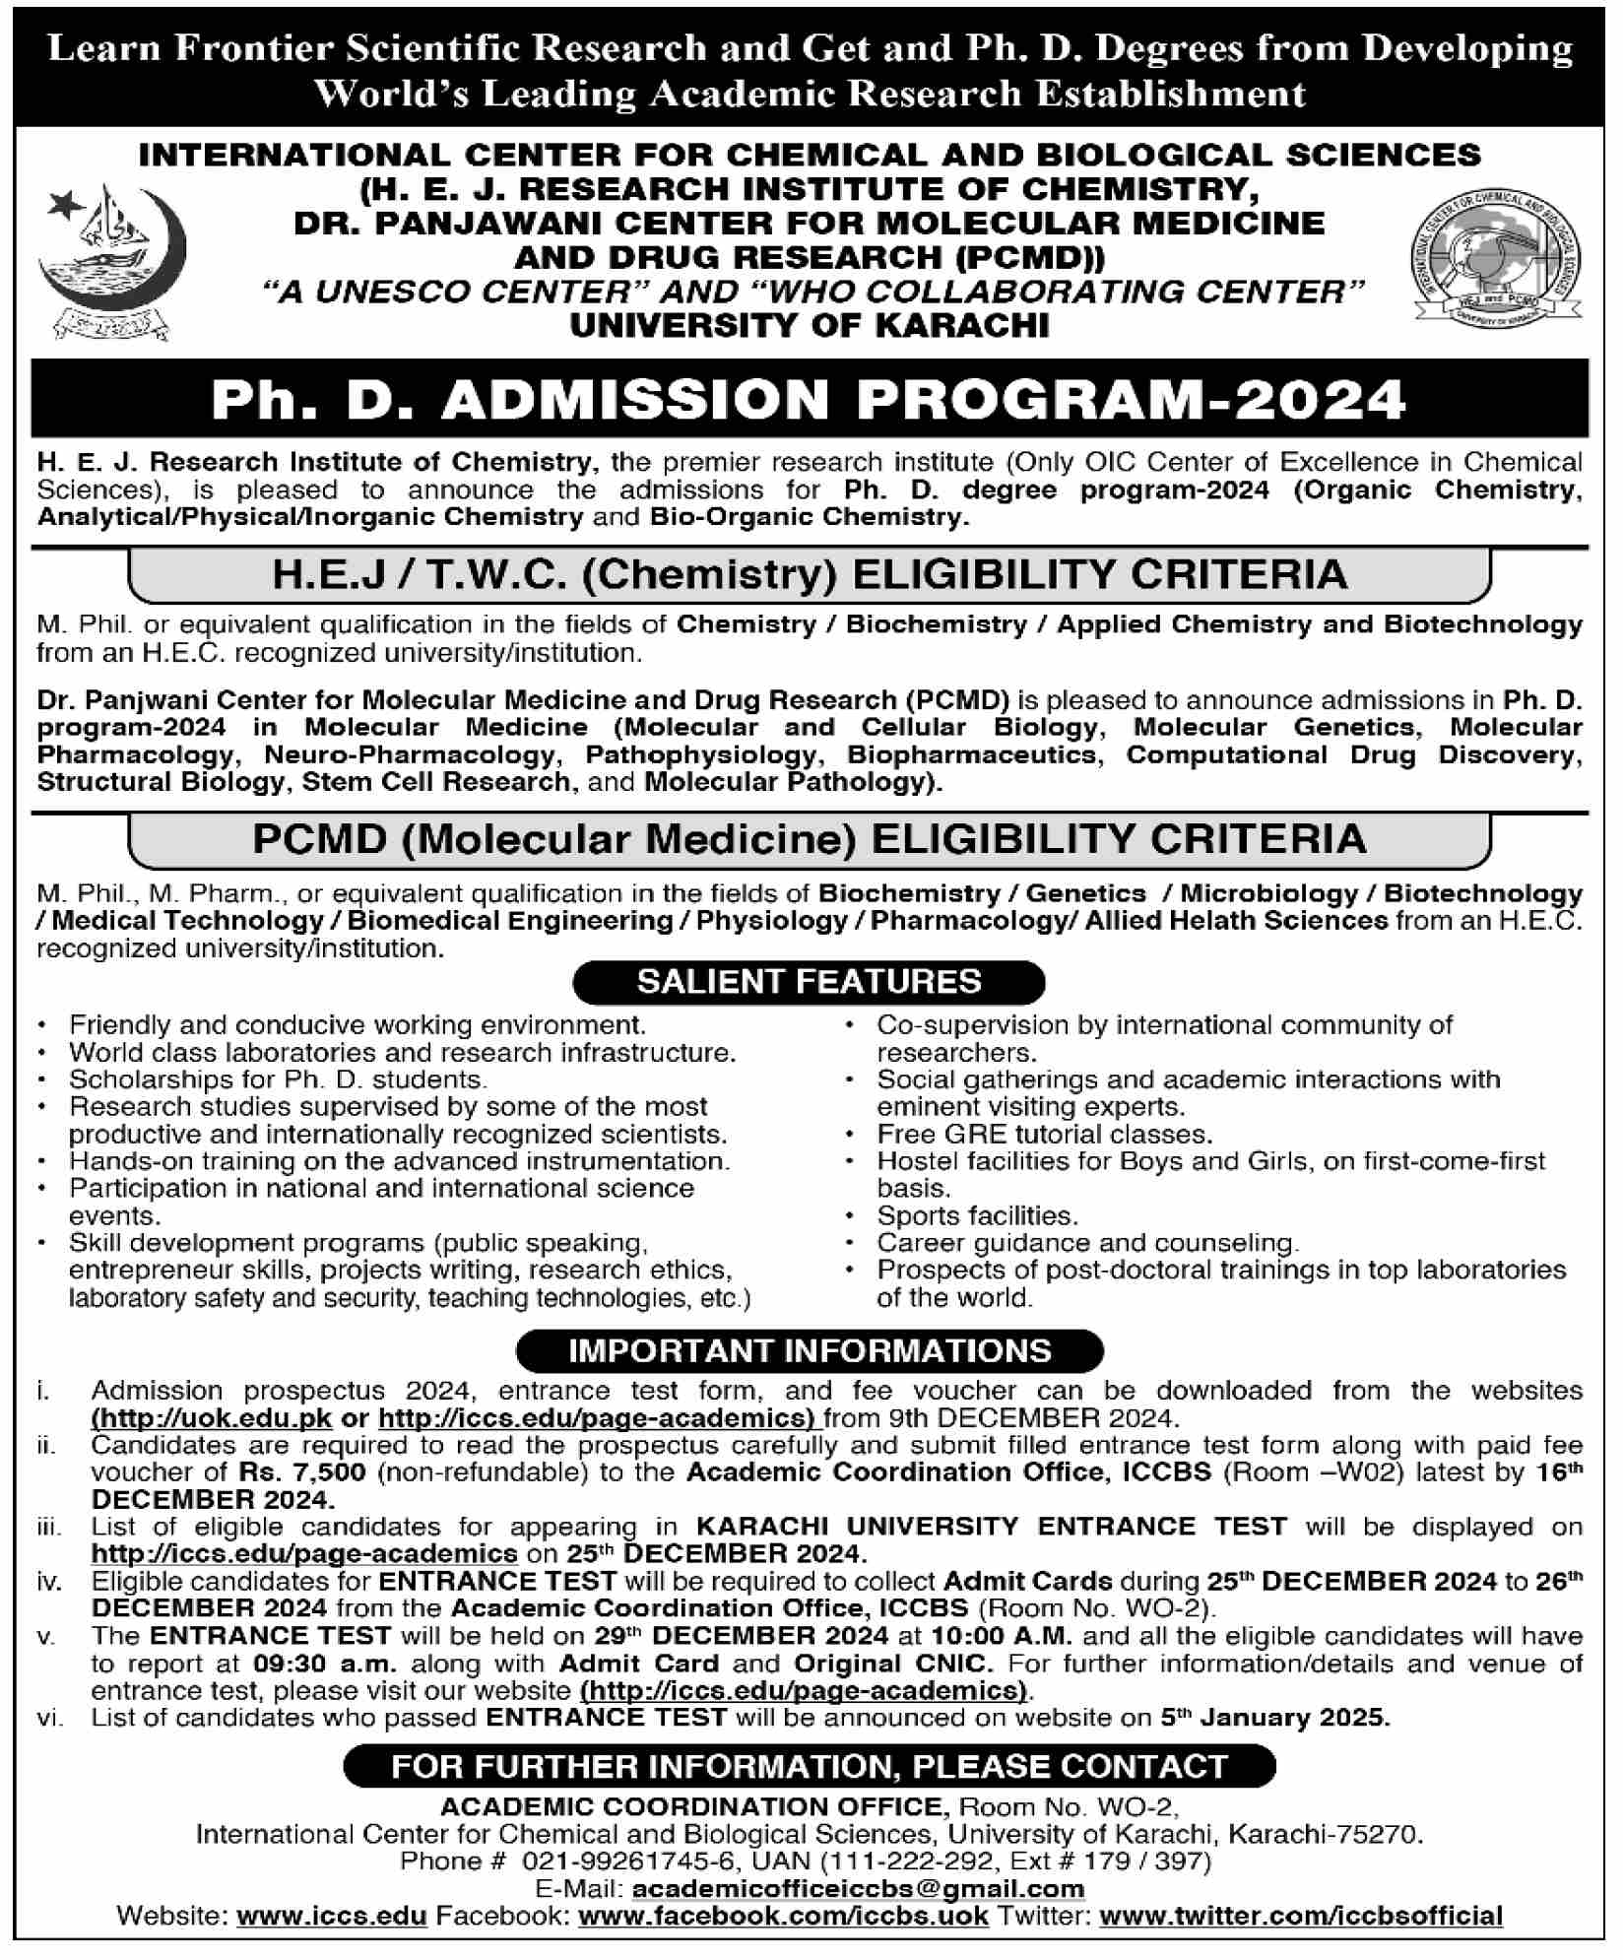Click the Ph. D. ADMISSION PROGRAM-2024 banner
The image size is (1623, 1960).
coord(809,399)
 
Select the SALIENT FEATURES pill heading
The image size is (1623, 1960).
coord(809,981)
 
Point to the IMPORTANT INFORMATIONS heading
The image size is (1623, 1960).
coord(809,1350)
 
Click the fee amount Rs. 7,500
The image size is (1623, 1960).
coord(301,1472)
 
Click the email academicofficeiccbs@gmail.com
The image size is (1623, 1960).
coord(857,1888)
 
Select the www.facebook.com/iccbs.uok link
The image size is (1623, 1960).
coord(783,1916)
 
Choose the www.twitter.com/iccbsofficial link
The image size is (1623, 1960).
coord(1300,1916)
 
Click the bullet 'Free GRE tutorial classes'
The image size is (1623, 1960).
coord(1044,1135)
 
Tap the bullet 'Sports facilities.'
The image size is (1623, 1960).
coord(977,1216)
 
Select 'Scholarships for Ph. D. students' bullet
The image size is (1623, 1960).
coord(278,1079)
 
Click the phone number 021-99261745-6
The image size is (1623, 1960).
coord(630,1861)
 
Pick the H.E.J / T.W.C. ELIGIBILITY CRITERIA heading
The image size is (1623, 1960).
coord(809,574)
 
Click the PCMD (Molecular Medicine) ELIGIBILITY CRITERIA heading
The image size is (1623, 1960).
coord(809,839)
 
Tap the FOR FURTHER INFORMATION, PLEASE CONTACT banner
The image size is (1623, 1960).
coord(809,1766)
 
